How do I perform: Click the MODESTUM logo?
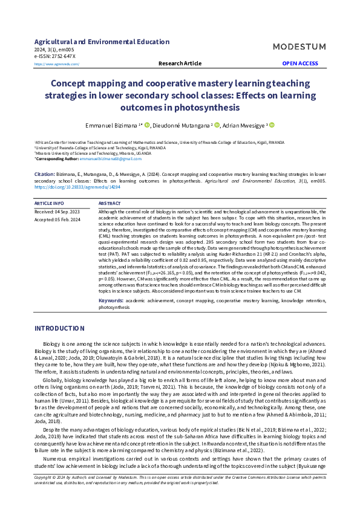300,47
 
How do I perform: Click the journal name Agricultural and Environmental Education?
102,42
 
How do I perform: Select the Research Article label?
180,63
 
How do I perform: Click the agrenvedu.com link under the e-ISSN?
57,63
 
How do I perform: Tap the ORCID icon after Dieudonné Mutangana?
215,125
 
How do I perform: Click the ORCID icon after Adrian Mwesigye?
272,125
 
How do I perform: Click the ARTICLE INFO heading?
49,204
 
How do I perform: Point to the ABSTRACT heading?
110,204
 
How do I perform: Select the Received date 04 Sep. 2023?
57,212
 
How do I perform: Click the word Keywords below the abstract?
111,300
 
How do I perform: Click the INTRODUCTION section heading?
59,328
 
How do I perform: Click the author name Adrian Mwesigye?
243,125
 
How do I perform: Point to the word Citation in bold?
45,173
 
